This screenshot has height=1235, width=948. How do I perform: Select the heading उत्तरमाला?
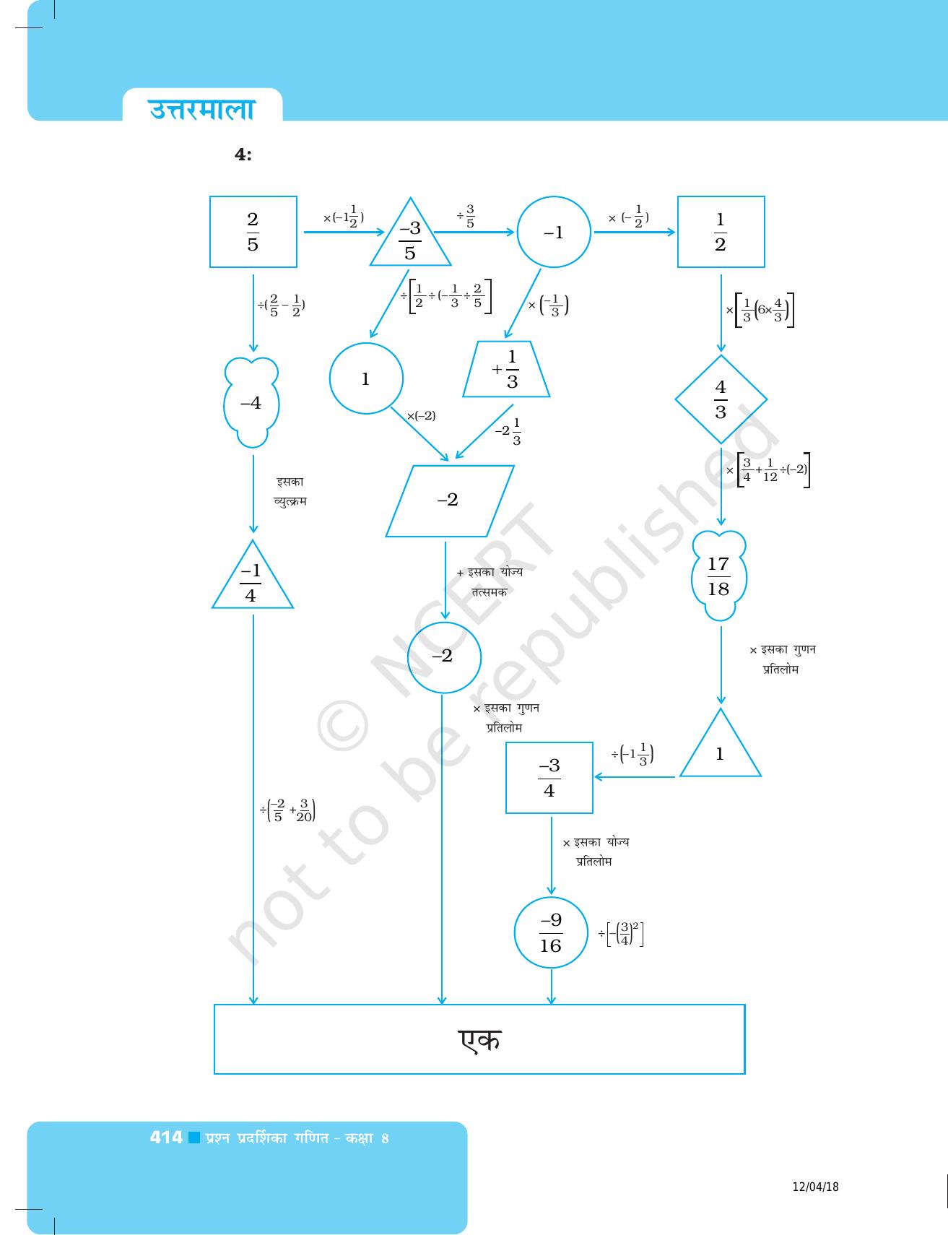202,109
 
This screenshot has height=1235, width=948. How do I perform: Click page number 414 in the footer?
166,1137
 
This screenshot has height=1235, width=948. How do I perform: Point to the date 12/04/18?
816,1187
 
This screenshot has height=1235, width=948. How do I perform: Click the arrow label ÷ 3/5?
466,216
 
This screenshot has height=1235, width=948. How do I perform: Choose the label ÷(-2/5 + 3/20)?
287,810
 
